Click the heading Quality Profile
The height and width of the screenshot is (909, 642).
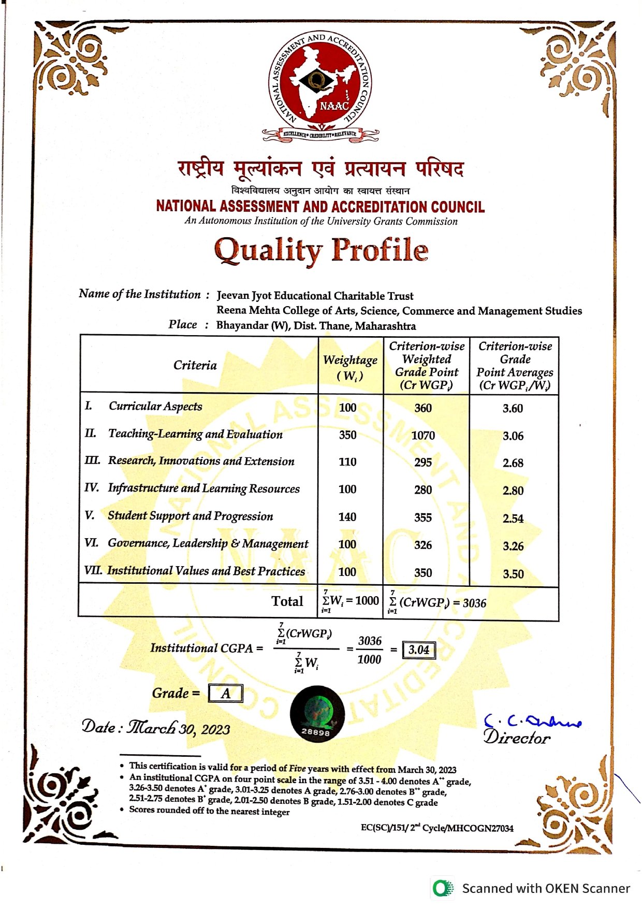coord(321,250)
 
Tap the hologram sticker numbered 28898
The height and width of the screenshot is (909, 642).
coord(317,714)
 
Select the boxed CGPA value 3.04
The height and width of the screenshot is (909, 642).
coord(419,650)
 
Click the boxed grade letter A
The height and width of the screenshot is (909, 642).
coord(226,694)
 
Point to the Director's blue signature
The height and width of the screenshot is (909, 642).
coord(532,720)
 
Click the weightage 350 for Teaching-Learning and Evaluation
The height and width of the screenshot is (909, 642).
coord(347,435)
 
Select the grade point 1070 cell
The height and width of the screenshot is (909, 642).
coord(423,436)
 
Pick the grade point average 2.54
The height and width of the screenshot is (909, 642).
coord(513,518)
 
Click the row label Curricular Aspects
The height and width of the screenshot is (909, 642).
coord(155,406)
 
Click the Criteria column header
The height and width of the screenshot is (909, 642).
coord(195,365)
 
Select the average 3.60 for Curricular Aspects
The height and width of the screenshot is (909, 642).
coord(513,408)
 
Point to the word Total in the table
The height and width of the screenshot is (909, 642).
coord(287,601)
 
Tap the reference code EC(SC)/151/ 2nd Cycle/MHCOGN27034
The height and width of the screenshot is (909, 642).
coord(437,828)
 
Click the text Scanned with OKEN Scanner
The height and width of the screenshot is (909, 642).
coord(546,889)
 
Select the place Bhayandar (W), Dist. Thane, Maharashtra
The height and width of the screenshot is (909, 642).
coord(316,326)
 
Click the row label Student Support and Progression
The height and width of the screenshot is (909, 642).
coord(190,516)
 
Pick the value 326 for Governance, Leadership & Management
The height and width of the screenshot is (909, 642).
coord(423,545)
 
